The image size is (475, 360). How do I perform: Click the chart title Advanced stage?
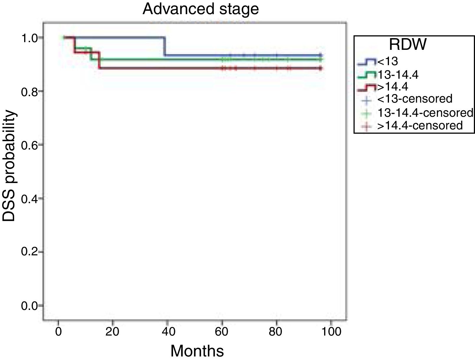(x=200, y=9)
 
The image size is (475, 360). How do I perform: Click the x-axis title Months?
(x=197, y=351)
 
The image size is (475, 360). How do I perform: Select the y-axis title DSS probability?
(x=9, y=166)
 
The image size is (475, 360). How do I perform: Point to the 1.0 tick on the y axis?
(x=28, y=37)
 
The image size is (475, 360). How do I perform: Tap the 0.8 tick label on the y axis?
(x=28, y=91)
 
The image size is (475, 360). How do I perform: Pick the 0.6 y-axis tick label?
(x=28, y=145)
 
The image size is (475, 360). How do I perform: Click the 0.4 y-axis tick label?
(x=28, y=198)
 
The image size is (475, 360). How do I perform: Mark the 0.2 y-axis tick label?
(x=28, y=252)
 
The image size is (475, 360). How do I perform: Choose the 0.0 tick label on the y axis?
(x=28, y=306)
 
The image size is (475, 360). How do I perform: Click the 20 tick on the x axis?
(x=113, y=332)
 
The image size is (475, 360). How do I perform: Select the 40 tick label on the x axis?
(x=167, y=332)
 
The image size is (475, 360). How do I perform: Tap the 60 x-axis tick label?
(x=222, y=332)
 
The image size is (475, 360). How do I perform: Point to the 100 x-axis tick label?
(x=331, y=332)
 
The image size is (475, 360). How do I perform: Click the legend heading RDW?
(x=408, y=45)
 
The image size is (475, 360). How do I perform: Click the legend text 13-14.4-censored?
(x=425, y=112)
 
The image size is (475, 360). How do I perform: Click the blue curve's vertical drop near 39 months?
(x=165, y=46)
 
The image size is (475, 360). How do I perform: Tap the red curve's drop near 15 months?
(x=99, y=60)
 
